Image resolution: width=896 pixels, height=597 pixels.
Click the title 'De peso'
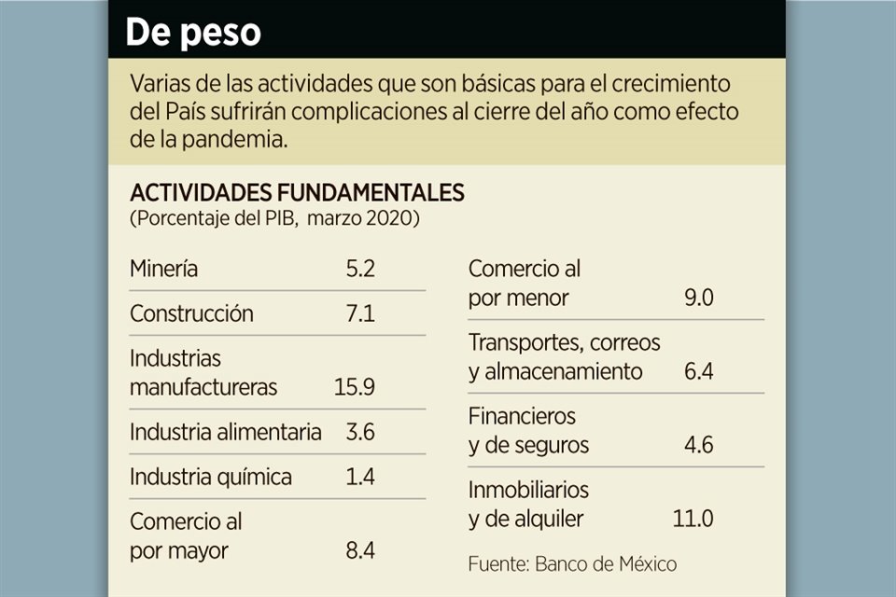(x=193, y=33)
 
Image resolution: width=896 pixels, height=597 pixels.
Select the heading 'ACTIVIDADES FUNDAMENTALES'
(x=297, y=193)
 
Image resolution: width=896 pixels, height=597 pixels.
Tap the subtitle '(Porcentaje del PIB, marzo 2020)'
(x=274, y=219)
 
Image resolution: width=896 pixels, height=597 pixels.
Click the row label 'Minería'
(x=164, y=269)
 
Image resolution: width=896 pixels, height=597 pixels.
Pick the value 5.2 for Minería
(x=359, y=269)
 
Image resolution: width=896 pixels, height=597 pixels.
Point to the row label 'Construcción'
(x=191, y=313)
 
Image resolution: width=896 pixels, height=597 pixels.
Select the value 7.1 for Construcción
(x=359, y=313)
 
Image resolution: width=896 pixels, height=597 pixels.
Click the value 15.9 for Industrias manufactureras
(x=355, y=387)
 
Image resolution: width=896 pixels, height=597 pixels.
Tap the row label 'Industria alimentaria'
(x=226, y=432)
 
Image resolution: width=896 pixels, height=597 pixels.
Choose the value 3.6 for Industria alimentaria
(x=359, y=432)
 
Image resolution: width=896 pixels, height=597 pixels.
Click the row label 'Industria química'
(x=211, y=477)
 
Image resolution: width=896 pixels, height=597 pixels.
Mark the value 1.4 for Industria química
(x=359, y=477)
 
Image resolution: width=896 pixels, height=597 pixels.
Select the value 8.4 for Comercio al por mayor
(x=359, y=550)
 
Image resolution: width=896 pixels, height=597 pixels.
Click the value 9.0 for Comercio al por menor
(x=698, y=298)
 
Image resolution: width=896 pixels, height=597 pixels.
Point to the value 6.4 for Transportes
(x=698, y=371)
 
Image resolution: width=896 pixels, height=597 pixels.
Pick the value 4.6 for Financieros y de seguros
(x=698, y=445)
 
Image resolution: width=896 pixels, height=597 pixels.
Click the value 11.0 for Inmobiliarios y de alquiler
(x=693, y=519)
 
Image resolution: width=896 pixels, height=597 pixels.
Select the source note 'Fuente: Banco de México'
(x=572, y=563)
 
